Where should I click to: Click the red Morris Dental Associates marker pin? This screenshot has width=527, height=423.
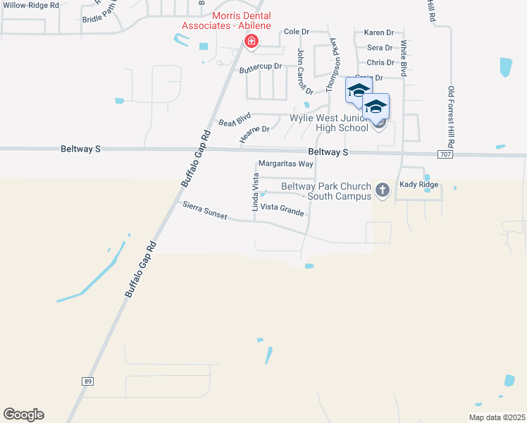coord(250,42)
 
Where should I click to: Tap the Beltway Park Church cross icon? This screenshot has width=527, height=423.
coord(383,189)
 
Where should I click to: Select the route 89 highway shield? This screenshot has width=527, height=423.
coord(87,381)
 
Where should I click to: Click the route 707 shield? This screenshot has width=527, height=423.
coord(444,154)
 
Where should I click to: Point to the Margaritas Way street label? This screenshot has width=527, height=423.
coord(285,164)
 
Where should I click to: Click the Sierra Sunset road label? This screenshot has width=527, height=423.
coord(204,210)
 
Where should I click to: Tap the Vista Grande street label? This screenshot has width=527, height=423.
coord(282,209)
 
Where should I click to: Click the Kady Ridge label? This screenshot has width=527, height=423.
coord(418,185)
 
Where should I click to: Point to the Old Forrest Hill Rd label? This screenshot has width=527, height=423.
coord(452,117)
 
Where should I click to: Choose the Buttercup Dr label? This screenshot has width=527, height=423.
coord(260,67)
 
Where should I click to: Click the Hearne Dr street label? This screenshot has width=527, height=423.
coord(255,134)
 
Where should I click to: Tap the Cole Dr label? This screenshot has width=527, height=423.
coord(297,32)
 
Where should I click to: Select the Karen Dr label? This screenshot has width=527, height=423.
coord(378,32)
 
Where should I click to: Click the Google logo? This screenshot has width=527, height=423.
coord(23,415)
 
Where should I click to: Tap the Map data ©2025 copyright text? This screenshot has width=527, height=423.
coord(496,417)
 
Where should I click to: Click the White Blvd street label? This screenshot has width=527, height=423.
coord(404,59)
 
